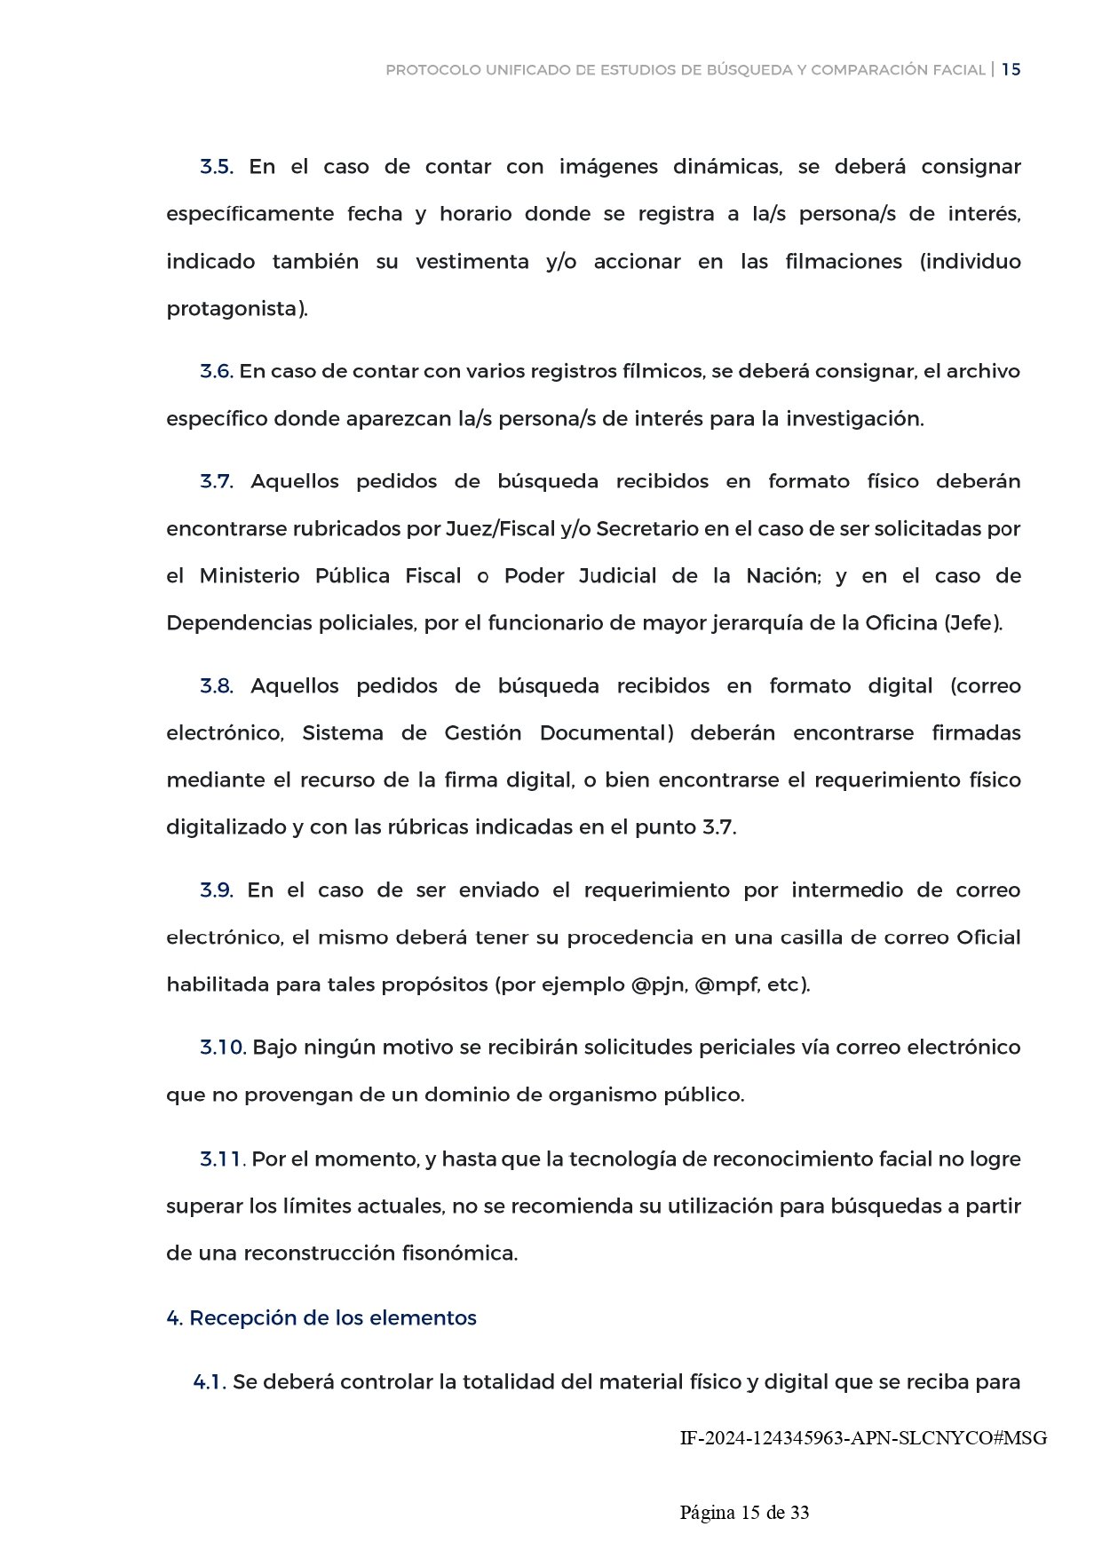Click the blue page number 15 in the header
point(1011,69)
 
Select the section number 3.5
point(216,167)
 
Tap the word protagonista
point(234,309)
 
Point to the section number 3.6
point(216,371)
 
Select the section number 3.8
point(216,686)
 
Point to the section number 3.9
point(216,890)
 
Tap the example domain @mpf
point(726,985)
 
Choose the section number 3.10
point(222,1048)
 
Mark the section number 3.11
point(221,1159)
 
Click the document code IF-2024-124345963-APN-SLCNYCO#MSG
point(863,1438)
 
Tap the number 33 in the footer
point(799,1513)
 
